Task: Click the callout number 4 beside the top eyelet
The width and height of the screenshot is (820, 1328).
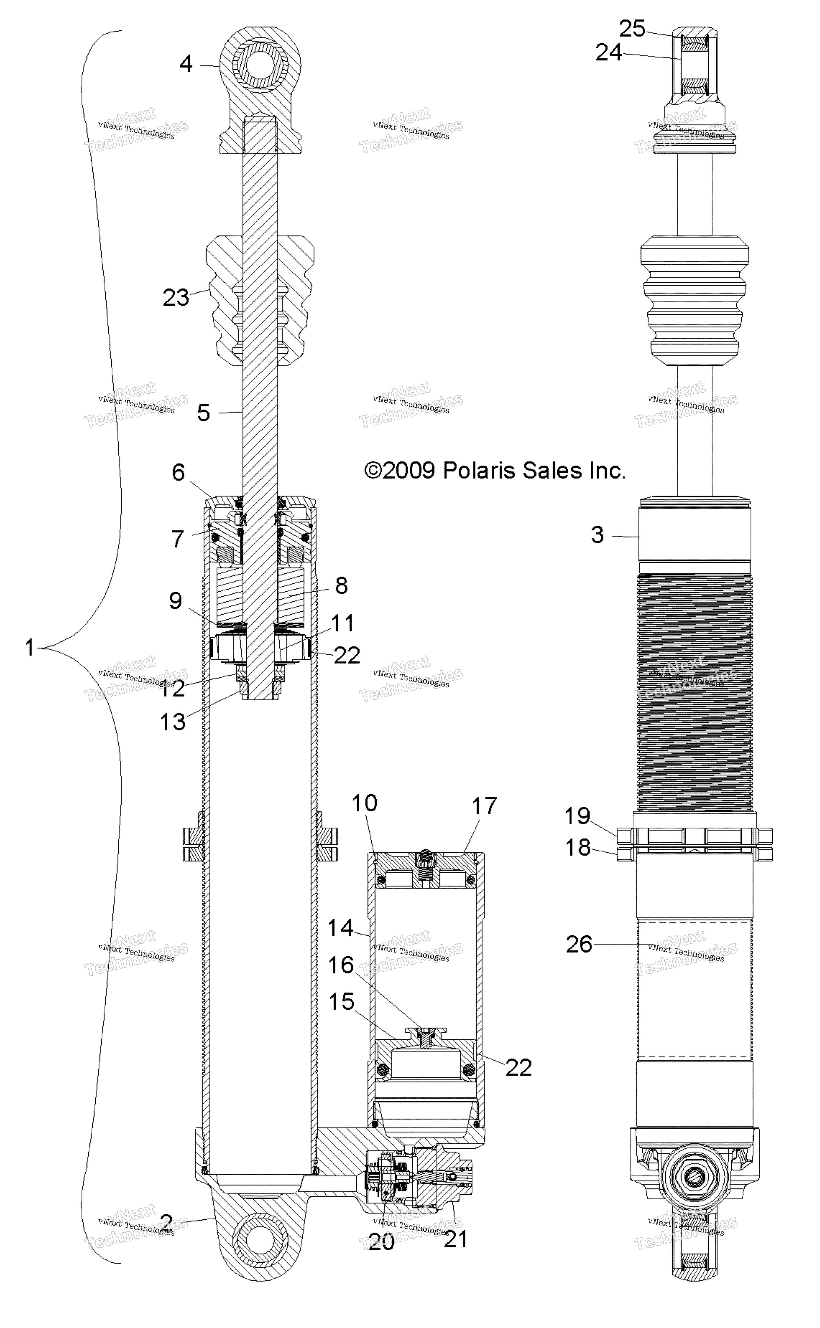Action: point(186,64)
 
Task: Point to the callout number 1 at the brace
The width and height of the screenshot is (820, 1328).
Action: point(29,647)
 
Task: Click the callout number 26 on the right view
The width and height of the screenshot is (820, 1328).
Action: point(579,944)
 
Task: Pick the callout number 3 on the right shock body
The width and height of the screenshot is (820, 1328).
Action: point(597,535)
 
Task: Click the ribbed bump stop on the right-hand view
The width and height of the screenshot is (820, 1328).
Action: point(695,302)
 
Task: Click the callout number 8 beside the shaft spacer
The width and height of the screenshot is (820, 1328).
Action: point(341,586)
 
